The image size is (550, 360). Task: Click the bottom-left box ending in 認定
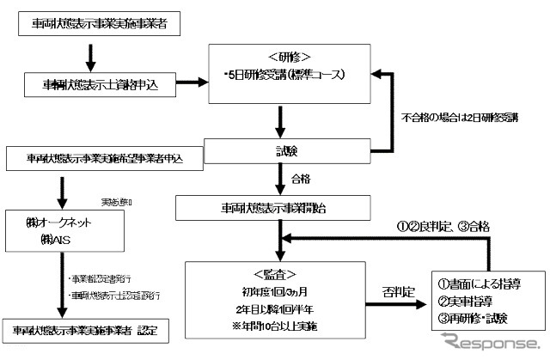(85, 329)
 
